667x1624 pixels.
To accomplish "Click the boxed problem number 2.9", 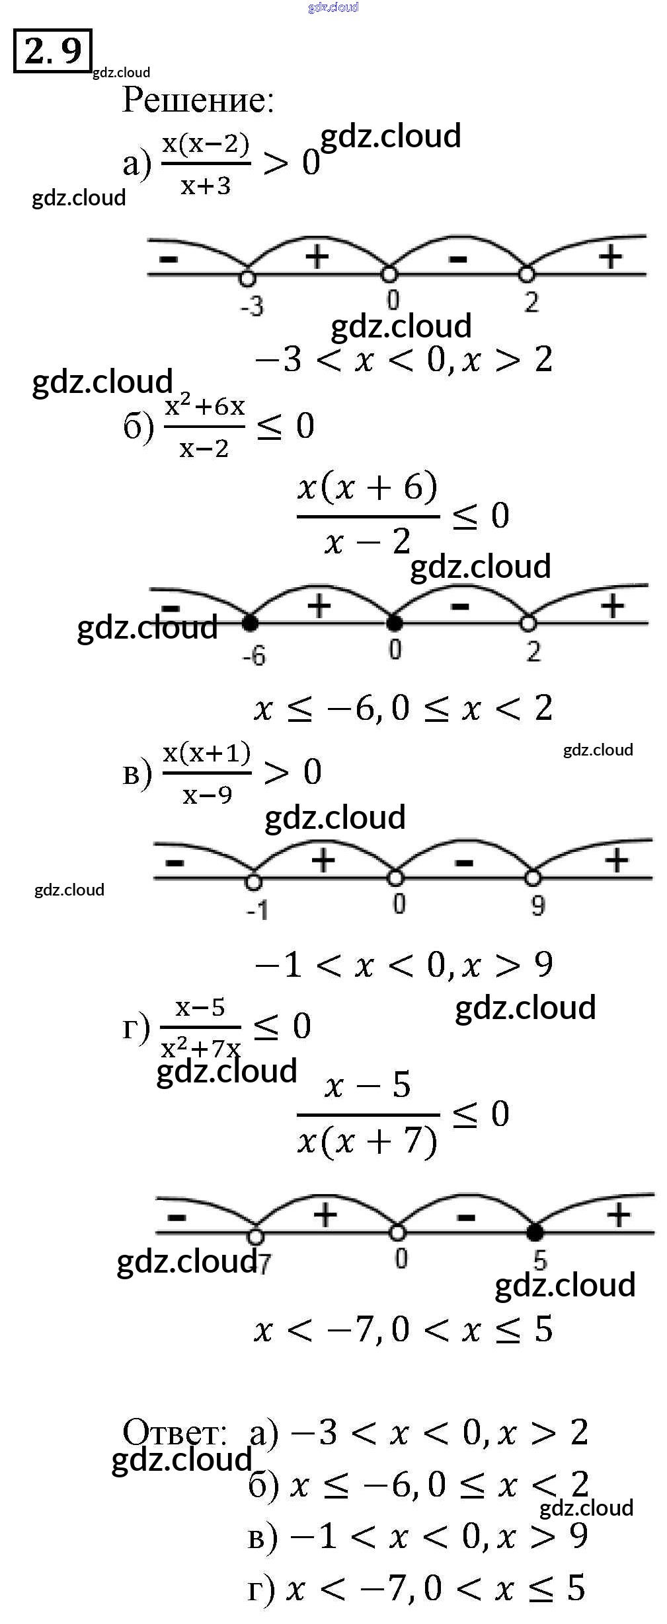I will pos(52,51).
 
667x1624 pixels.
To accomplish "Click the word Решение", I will pos(197,100).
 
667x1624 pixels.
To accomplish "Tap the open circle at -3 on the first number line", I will pos(247,278).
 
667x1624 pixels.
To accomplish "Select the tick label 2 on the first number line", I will pos(531,302).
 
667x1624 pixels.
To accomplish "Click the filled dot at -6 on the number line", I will pos(250,622).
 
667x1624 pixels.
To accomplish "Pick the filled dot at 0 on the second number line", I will pos(394,622).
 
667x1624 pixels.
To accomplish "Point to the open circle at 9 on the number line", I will pos(533,878).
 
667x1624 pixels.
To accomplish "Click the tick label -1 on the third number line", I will pos(258,910).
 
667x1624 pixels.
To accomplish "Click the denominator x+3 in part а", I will pos(206,186).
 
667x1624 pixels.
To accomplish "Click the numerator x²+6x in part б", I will pos(205,406).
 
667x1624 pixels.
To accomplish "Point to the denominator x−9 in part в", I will pos(207,795).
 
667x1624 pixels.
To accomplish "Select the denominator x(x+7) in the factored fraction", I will pos(368,1141).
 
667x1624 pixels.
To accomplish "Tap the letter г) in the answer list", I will pos(261,1589).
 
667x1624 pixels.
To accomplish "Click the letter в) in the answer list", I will pos(262,1537).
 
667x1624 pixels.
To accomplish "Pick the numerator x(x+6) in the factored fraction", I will pos(368,487).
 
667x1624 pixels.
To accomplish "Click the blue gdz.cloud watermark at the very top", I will pos(333,7).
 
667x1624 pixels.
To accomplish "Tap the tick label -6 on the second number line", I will pos(254,655).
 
